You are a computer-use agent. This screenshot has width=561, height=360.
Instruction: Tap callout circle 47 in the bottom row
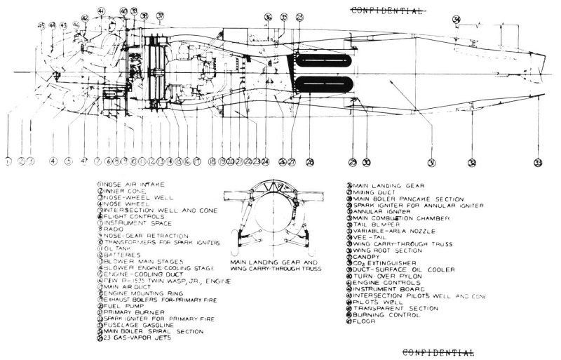click(x=85, y=161)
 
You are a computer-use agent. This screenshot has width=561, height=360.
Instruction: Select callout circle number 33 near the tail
click(x=538, y=163)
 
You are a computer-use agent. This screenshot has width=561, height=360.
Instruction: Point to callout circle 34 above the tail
click(x=457, y=19)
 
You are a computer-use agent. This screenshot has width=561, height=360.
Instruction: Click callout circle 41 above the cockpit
click(x=101, y=11)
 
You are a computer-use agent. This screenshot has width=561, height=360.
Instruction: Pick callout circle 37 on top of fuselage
click(x=160, y=15)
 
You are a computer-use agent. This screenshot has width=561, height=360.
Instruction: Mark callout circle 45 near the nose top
click(x=41, y=25)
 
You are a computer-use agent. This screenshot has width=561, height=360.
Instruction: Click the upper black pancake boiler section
click(x=323, y=61)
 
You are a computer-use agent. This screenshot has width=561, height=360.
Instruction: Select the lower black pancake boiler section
click(x=323, y=84)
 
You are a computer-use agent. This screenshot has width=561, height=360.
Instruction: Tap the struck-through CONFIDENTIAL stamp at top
click(x=386, y=11)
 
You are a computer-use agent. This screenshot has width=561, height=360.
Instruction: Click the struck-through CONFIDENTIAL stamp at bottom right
click(x=439, y=352)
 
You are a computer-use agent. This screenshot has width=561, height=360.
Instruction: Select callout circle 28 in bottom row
click(x=310, y=162)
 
